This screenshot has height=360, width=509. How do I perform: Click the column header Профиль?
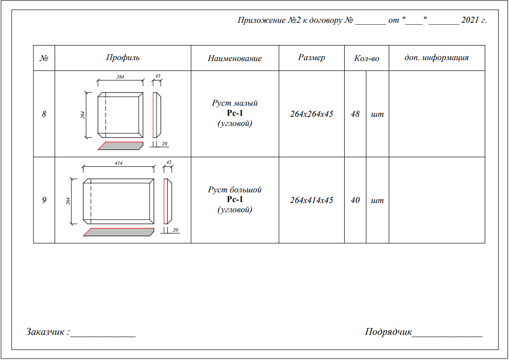[x=123, y=58]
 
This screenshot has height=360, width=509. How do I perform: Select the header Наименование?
[x=235, y=58]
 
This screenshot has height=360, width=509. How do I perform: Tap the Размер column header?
[x=312, y=58]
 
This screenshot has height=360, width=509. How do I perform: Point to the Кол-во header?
[x=366, y=58]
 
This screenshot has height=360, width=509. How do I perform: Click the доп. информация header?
[x=437, y=58]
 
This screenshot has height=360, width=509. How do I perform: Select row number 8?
[x=44, y=114]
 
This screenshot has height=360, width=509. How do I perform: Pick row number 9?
[x=44, y=200]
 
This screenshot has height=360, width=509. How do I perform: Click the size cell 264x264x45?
[x=312, y=114]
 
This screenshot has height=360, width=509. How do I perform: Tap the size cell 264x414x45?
[x=312, y=200]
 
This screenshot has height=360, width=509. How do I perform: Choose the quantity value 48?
[x=355, y=114]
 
